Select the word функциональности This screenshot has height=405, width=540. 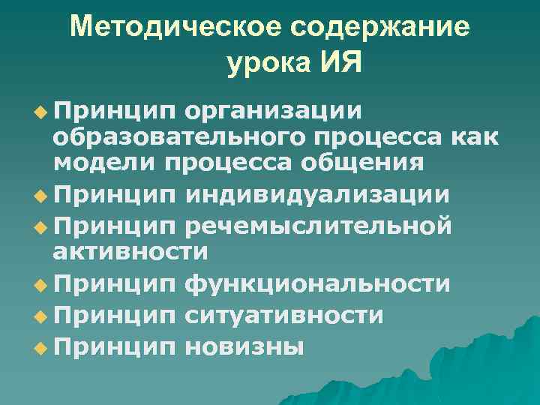[317, 284]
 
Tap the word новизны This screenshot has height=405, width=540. [244, 346]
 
